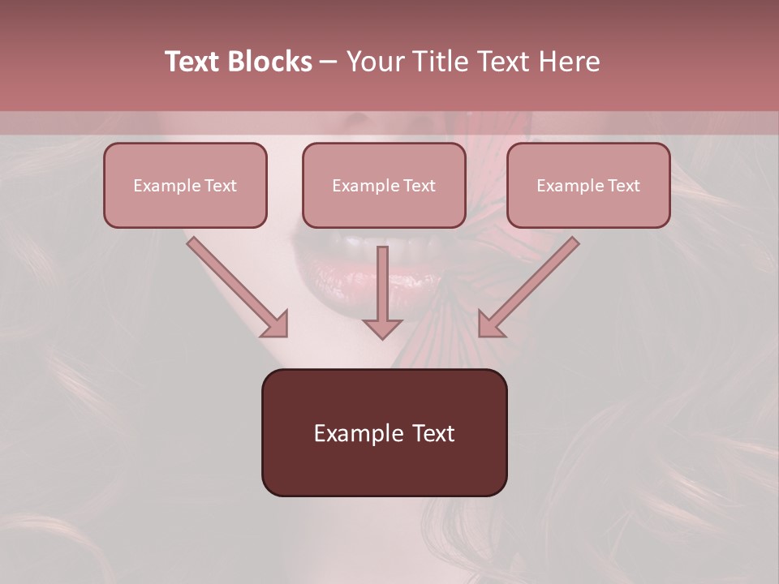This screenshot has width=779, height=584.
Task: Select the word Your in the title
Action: (374, 62)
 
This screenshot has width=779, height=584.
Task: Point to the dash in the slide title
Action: (329, 62)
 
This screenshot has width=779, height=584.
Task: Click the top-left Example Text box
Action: (185, 185)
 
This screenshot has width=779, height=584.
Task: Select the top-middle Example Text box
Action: (384, 185)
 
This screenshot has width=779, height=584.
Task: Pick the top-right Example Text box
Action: (588, 185)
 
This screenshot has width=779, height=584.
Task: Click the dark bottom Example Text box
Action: (384, 432)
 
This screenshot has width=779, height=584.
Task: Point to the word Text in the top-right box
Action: (624, 186)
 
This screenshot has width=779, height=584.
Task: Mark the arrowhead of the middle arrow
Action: (382, 328)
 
